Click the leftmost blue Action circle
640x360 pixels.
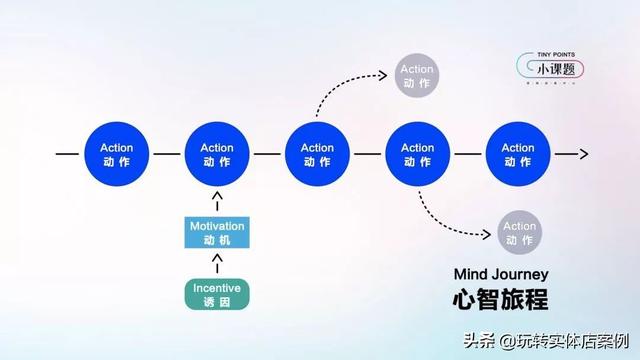[117, 155]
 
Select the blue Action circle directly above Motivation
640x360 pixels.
[217, 155]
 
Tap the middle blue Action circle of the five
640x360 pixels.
[317, 155]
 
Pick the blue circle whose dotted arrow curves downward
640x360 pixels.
[417, 155]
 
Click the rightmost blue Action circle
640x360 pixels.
[517, 155]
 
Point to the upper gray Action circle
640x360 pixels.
[417, 76]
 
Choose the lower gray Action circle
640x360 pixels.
[520, 233]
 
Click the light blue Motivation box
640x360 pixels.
[217, 232]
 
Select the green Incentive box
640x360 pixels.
[217, 293]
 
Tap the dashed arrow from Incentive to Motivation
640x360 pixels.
[217, 263]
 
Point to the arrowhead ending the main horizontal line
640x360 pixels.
[581, 155]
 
